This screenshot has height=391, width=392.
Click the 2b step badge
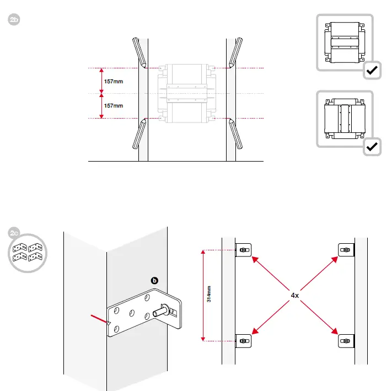pyautogui.click(x=14, y=19)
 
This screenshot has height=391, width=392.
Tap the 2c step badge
pyautogui.click(x=13, y=233)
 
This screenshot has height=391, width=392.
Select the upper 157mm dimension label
pyautogui.click(x=114, y=82)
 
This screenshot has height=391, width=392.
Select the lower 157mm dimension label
pyautogui.click(x=114, y=106)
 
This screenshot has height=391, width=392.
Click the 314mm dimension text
pyautogui.click(x=209, y=294)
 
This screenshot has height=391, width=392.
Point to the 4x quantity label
pyautogui.click(x=295, y=296)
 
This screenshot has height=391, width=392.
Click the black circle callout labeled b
pyautogui.click(x=154, y=281)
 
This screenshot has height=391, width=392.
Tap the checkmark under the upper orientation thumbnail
pyautogui.click(x=372, y=70)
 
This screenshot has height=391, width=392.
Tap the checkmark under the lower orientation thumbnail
pyautogui.click(x=372, y=147)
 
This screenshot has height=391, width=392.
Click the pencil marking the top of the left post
pyautogui.click(x=139, y=52)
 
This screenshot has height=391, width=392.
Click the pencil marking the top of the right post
pyautogui.click(x=235, y=52)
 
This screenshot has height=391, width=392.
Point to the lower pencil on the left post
pyautogui.click(x=139, y=134)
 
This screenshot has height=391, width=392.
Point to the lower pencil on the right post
pyautogui.click(x=235, y=134)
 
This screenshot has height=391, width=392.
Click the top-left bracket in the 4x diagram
pyautogui.click(x=243, y=250)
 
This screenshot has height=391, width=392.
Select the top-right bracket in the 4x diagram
pyautogui.click(x=346, y=250)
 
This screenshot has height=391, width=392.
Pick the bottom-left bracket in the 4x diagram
pyautogui.click(x=243, y=341)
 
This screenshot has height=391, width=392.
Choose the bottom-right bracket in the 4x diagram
pyautogui.click(x=346, y=341)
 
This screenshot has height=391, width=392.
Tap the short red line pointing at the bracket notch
pyautogui.click(x=99, y=319)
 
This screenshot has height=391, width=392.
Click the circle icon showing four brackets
pyautogui.click(x=28, y=253)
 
